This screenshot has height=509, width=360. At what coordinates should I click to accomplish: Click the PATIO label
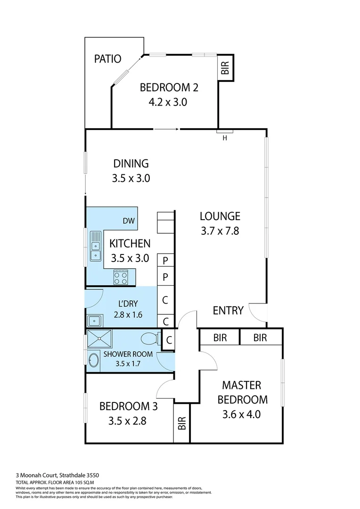click(107, 59)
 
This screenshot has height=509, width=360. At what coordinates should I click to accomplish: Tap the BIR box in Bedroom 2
click(225, 67)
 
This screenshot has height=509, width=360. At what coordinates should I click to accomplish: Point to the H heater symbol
click(225, 138)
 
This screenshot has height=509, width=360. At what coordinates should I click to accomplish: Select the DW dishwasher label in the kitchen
click(128, 221)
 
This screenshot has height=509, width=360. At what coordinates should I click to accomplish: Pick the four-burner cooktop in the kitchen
click(120, 276)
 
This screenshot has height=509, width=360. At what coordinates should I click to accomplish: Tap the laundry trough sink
click(95, 320)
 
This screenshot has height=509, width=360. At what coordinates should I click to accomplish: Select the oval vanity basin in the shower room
click(94, 360)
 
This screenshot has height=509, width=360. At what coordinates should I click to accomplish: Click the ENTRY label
click(228, 311)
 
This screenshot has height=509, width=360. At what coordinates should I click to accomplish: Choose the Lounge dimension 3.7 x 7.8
click(220, 231)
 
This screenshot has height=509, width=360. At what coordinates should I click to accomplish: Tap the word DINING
click(131, 164)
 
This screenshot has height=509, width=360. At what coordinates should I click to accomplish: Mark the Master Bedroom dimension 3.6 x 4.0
click(241, 415)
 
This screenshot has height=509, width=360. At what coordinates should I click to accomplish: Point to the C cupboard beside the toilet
click(168, 339)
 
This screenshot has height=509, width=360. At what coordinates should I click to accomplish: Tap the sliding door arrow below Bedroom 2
click(166, 129)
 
